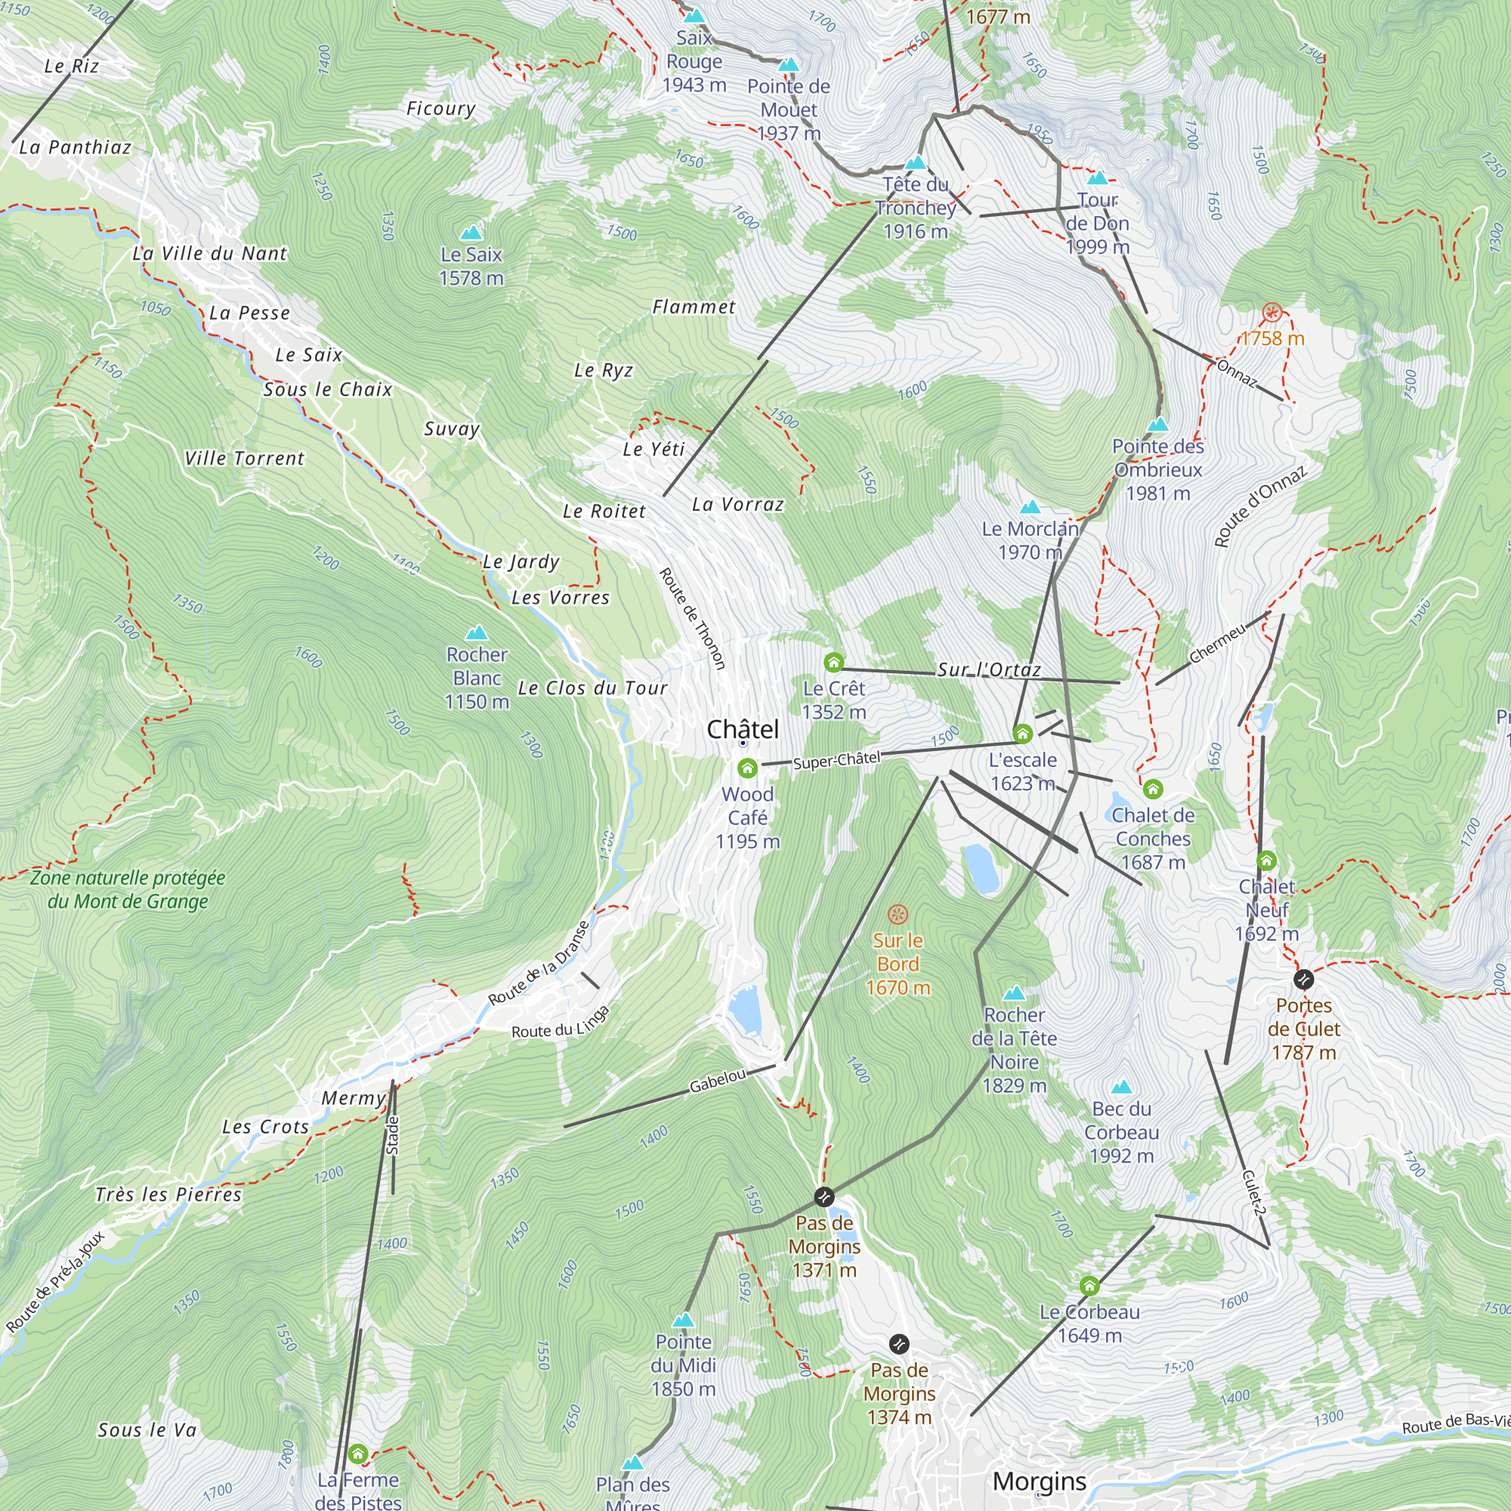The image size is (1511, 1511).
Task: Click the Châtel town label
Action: click(x=742, y=730)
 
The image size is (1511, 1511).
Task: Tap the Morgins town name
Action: click(x=1039, y=1482)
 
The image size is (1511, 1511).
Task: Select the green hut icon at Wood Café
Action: click(x=747, y=768)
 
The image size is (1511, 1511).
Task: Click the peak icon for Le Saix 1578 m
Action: click(x=471, y=232)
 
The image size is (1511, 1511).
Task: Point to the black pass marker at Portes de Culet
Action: click(x=1303, y=979)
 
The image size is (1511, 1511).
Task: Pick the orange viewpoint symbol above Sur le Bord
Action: click(x=898, y=913)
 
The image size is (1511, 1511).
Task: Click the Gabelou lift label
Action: click(x=717, y=1081)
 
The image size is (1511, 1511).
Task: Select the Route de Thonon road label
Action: click(x=692, y=619)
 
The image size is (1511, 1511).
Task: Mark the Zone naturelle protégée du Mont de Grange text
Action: click(x=128, y=889)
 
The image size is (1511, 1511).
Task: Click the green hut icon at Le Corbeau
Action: click(x=1089, y=1286)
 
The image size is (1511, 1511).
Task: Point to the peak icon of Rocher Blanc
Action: click(x=476, y=632)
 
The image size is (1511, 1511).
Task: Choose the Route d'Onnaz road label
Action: click(x=1260, y=507)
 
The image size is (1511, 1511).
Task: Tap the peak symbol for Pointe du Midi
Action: click(x=684, y=1320)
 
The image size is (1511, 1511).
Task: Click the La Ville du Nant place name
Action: click(x=209, y=253)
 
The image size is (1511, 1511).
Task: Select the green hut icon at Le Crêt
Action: click(x=834, y=663)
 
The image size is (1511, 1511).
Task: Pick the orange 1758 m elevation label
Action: click(x=1272, y=338)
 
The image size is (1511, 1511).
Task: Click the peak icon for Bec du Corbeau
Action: click(x=1121, y=1087)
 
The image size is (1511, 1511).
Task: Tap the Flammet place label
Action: click(x=694, y=307)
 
